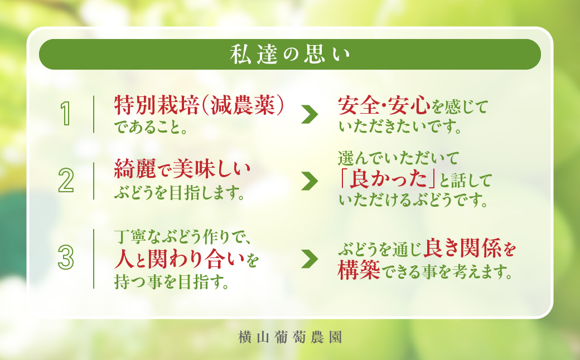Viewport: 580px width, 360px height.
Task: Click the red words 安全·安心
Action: (x=384, y=105)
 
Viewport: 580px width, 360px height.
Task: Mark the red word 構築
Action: (x=360, y=271)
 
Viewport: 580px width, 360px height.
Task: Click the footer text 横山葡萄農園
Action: (x=289, y=337)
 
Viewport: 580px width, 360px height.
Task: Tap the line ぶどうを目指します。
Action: (x=180, y=193)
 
